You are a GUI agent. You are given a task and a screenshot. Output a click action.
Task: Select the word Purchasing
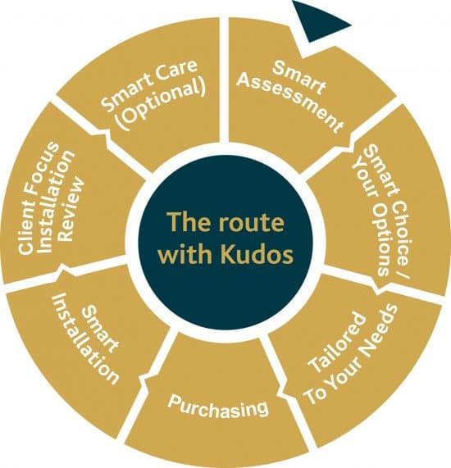click(x=218, y=406)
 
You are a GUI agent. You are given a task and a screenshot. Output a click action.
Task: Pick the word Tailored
click(x=337, y=343)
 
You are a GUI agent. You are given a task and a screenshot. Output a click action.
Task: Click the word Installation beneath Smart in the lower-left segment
click(x=86, y=339)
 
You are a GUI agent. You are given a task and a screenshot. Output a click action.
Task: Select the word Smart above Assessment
click(x=299, y=77)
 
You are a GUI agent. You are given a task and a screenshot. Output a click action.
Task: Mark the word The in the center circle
click(x=188, y=222)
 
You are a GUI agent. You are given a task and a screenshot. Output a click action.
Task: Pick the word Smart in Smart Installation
click(x=101, y=329)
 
